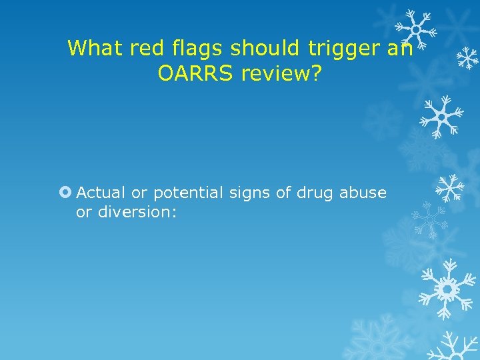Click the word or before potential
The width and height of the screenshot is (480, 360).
139,193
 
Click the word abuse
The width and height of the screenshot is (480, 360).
363,193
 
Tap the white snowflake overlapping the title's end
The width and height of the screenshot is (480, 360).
415,29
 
